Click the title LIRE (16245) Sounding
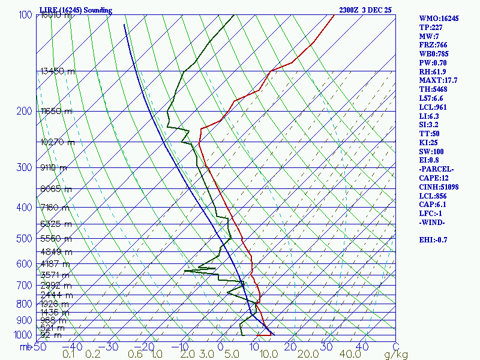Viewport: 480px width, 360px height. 71,10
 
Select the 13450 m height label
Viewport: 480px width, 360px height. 58,71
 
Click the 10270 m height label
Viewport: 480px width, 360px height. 58,143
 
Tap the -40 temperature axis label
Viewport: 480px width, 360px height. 73,347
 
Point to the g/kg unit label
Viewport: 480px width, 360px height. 396,355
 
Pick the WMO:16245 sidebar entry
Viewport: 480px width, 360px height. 439,19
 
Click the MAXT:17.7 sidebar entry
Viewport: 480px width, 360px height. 439,80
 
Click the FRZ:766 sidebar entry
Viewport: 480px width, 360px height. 434,45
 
